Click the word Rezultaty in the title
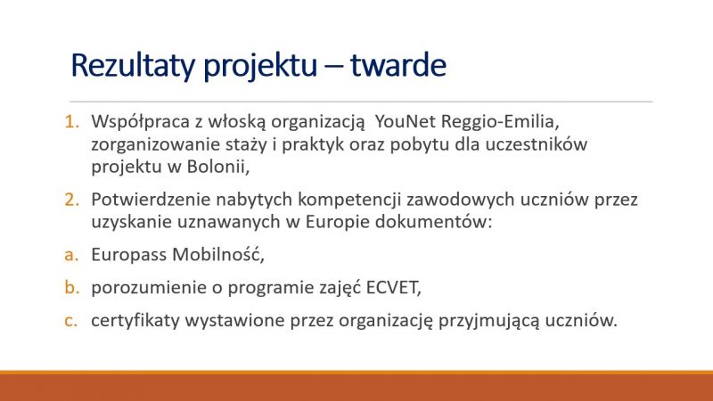pyautogui.click(x=133, y=65)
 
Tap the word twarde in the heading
pyautogui.click(x=398, y=65)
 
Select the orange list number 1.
pyautogui.click(x=72, y=122)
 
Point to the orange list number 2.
pyautogui.click(x=72, y=200)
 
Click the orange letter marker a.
pyautogui.click(x=71, y=256)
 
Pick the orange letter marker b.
pyautogui.click(x=72, y=287)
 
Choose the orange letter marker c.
pyautogui.click(x=71, y=321)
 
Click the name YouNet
pyautogui.click(x=406, y=121)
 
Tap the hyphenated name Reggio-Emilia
pyautogui.click(x=500, y=122)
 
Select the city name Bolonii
pyautogui.click(x=218, y=167)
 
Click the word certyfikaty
pyautogui.click(x=135, y=321)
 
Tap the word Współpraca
pyautogui.click(x=141, y=122)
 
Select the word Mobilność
pyautogui.click(x=218, y=255)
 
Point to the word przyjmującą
pyautogui.click(x=488, y=321)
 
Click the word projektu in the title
pyautogui.click(x=260, y=66)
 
